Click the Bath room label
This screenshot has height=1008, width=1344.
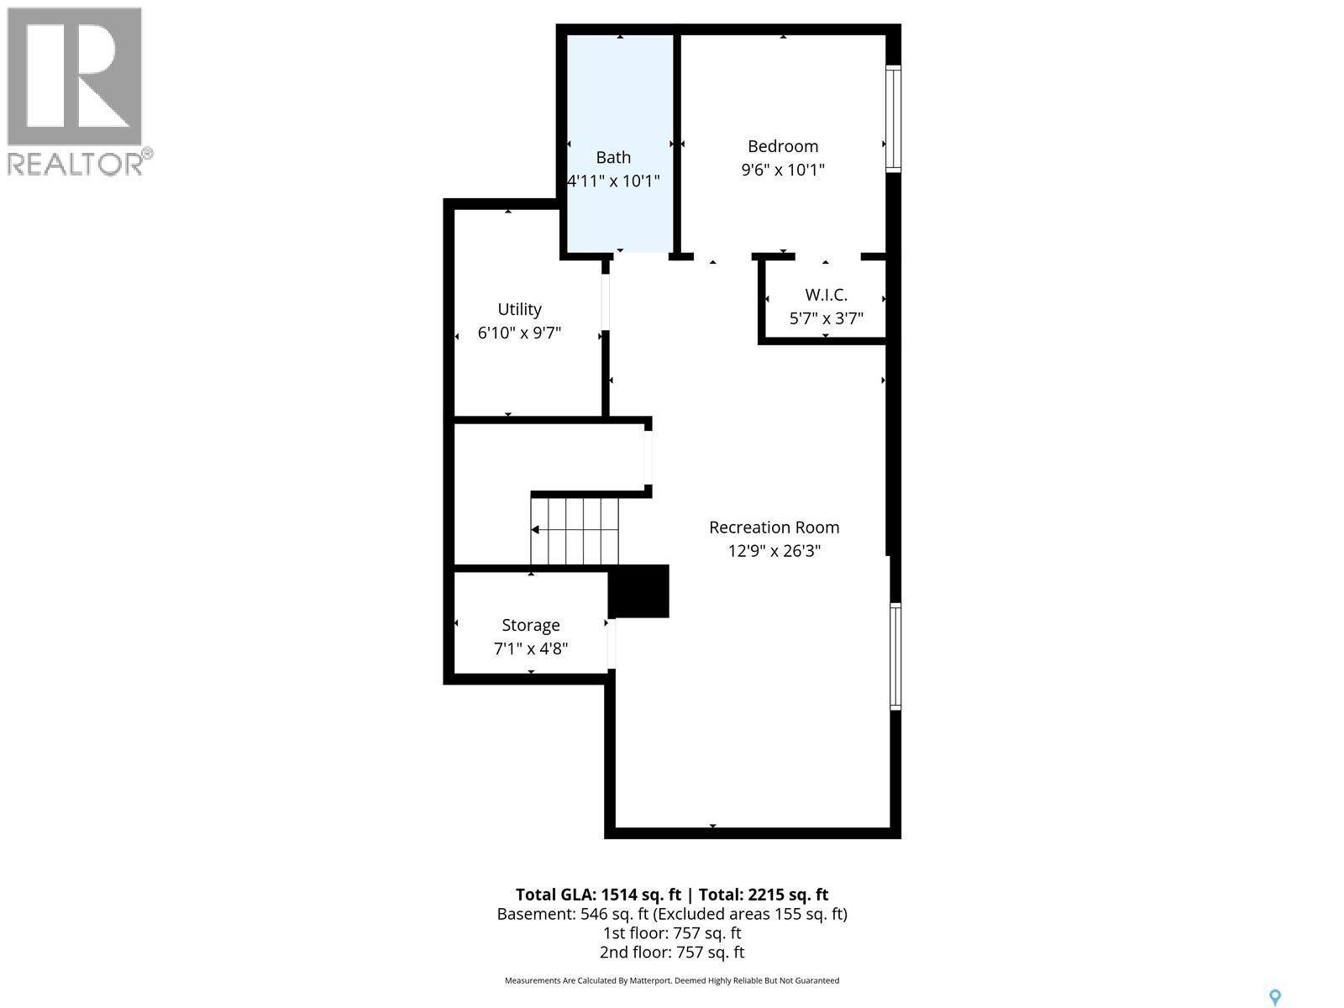[613, 157]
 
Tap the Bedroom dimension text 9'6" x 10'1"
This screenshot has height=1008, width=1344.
[783, 170]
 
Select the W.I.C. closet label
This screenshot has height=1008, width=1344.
[826, 295]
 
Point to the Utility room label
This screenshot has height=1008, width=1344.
[519, 309]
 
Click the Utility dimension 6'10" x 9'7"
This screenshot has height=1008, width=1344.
[519, 333]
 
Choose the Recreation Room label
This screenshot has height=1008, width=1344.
[774, 528]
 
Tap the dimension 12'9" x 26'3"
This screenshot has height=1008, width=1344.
[774, 551]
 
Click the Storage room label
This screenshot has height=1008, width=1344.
[530, 625]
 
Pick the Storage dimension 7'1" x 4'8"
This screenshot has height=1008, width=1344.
[530, 648]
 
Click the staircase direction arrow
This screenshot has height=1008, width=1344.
[536, 529]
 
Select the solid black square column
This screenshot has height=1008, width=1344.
[639, 591]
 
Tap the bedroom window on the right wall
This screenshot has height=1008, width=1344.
[894, 118]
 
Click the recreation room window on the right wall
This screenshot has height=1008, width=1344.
[895, 656]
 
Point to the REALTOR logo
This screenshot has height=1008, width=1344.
[77, 91]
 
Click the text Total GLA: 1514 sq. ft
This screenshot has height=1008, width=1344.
[598, 895]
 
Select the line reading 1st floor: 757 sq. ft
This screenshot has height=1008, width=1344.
[672, 933]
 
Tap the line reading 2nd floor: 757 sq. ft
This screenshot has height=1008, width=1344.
[672, 953]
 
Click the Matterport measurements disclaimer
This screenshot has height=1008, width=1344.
[672, 980]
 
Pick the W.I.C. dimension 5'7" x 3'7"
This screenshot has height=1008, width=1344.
[826, 318]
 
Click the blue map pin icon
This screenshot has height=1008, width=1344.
[1274, 998]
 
